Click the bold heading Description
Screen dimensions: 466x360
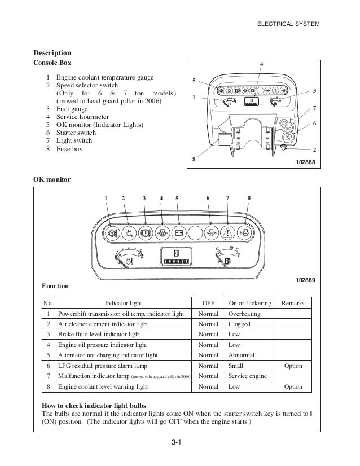[54, 53]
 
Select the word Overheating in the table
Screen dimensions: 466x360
[244, 313]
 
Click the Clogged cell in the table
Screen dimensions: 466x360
[239, 324]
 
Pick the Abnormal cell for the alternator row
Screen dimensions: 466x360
[241, 355]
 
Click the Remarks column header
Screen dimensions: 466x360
[292, 303]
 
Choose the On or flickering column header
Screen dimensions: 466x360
[250, 303]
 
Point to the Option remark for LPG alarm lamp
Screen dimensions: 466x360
[293, 366]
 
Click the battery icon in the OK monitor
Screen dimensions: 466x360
[178, 231]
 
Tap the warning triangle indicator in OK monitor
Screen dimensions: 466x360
[228, 231]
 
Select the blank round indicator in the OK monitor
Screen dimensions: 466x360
[195, 231]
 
